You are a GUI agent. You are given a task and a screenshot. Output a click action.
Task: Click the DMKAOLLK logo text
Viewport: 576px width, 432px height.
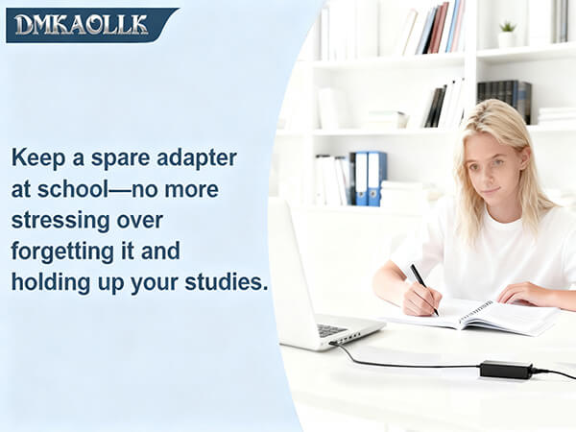(82, 24)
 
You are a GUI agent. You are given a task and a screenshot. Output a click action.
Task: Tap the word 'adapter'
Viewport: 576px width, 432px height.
(200, 157)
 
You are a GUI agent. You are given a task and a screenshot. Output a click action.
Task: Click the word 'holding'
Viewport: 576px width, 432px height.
(50, 283)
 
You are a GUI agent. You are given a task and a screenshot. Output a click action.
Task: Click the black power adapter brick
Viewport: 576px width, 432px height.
(505, 369)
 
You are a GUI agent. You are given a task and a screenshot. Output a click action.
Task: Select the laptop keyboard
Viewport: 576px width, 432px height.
(332, 329)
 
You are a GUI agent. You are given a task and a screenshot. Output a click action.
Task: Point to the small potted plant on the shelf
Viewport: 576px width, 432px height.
(506, 33)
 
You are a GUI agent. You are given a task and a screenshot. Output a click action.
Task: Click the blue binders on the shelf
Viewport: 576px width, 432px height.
(369, 178)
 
